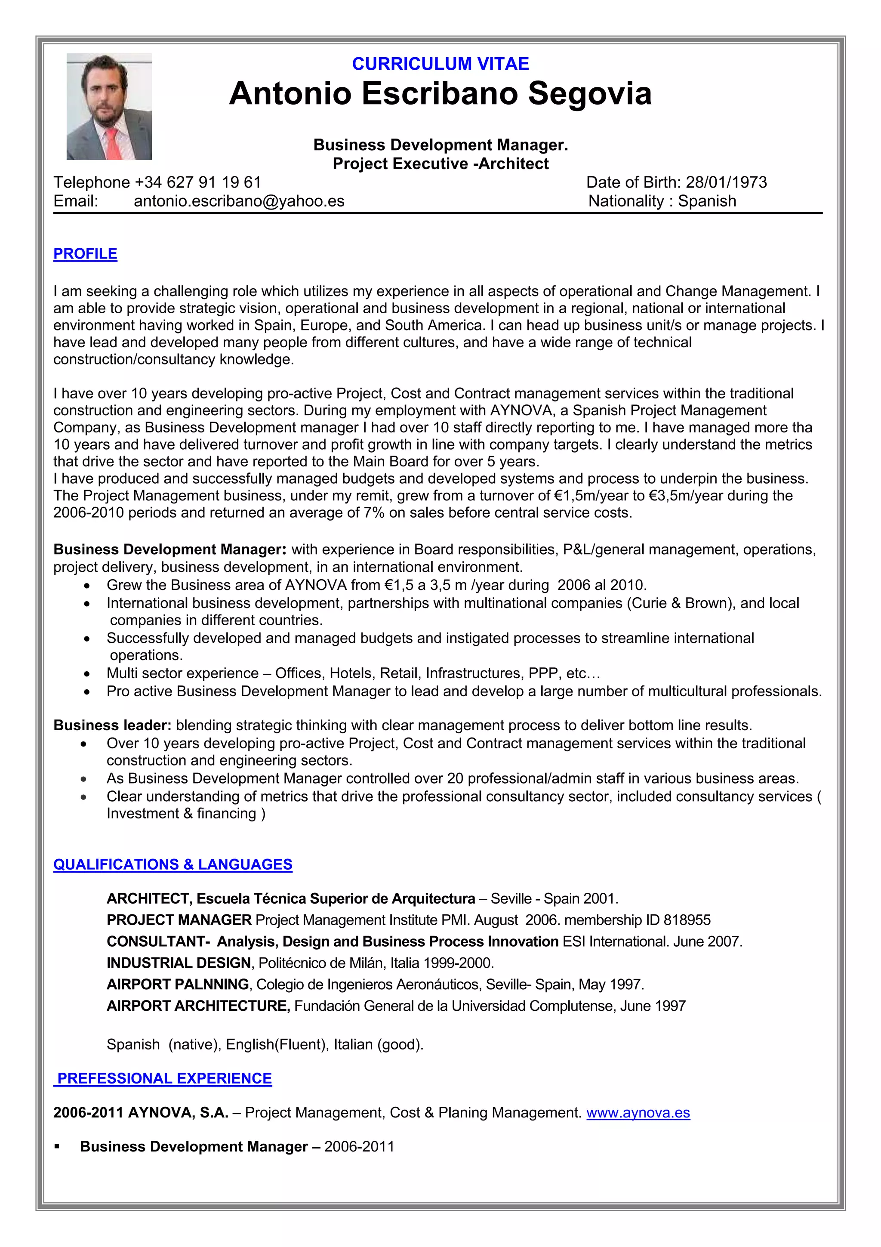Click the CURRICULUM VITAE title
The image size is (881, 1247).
point(440,64)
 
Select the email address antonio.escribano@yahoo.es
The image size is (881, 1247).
point(239,201)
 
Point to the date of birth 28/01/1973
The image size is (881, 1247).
point(726,182)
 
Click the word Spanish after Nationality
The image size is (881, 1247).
point(707,201)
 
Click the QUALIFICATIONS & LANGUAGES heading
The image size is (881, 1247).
point(173,864)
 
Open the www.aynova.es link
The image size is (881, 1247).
point(638,1112)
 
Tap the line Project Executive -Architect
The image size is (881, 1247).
point(440,164)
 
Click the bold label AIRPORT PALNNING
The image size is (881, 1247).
point(178,984)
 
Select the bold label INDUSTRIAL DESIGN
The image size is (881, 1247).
point(179,963)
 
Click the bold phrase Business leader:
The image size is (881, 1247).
point(112,725)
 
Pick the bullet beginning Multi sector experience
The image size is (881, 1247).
point(353,673)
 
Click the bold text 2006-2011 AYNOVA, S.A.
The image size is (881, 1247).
point(141,1112)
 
